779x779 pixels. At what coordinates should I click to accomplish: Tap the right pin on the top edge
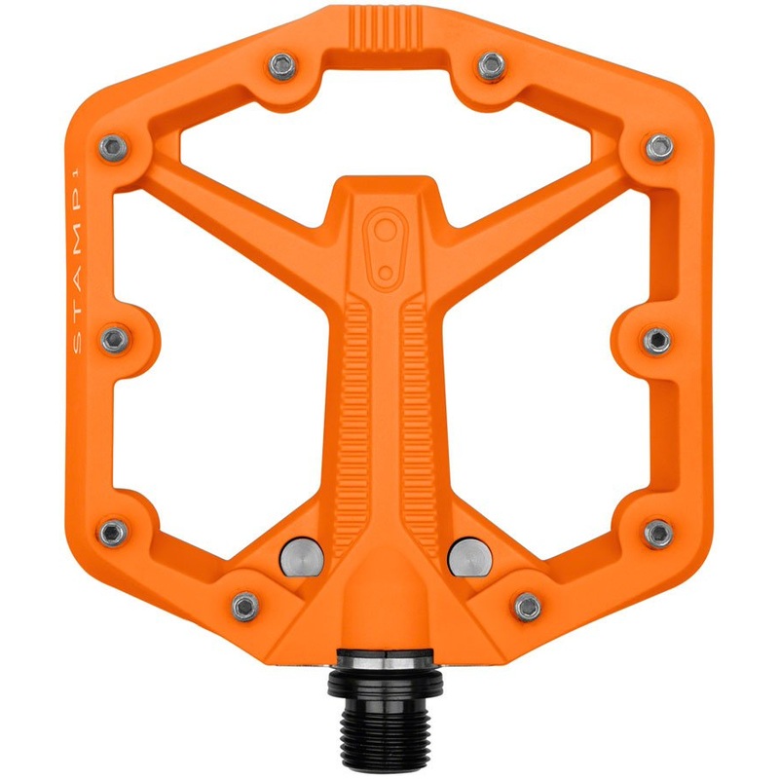tap(492, 65)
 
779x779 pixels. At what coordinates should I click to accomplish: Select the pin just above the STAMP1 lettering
tap(113, 147)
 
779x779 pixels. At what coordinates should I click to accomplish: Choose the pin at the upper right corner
tap(659, 147)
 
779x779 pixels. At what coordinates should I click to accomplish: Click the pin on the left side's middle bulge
tap(115, 340)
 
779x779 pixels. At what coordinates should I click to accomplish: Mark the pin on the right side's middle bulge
tap(658, 340)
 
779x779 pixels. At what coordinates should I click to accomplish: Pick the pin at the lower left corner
tap(114, 532)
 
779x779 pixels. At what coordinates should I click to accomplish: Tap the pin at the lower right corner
tap(658, 533)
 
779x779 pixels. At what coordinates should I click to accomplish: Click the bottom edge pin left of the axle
tap(245, 607)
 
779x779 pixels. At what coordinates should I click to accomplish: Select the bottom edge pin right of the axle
tap(528, 607)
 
